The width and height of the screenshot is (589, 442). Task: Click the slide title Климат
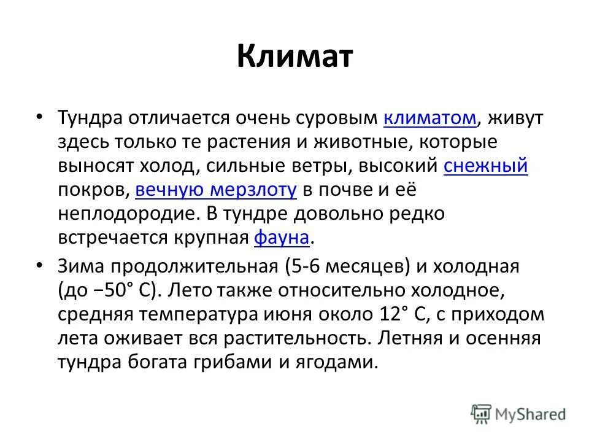click(x=294, y=56)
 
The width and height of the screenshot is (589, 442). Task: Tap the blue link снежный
click(x=485, y=166)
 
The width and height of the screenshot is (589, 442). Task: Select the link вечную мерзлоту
click(x=216, y=190)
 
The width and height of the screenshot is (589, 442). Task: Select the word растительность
click(x=298, y=339)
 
